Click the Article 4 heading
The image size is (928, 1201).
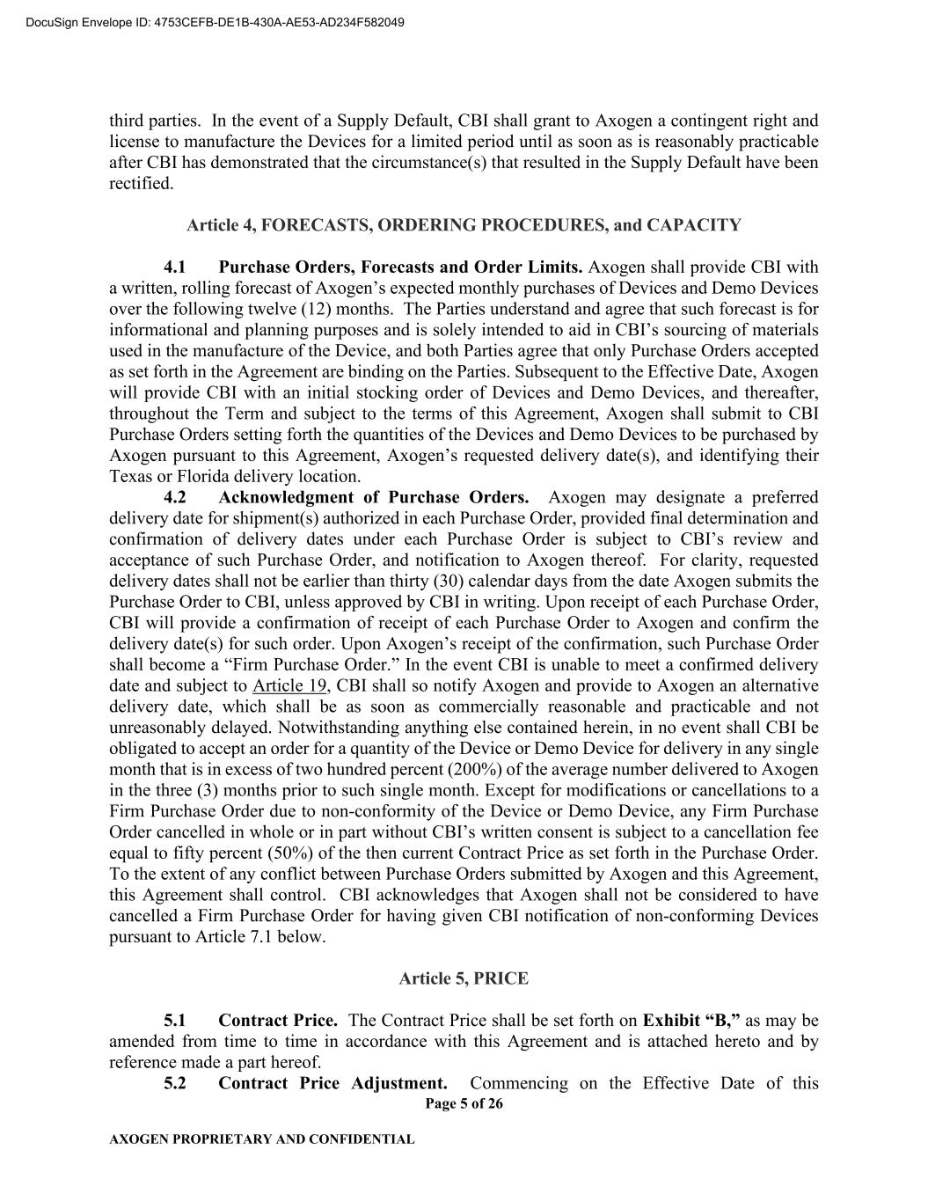[464, 225]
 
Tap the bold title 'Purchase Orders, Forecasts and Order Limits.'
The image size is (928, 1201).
[400, 267]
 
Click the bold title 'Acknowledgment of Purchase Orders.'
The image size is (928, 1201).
[374, 498]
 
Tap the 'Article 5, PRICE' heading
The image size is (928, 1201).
[464, 978]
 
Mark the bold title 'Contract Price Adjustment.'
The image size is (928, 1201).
[332, 1083]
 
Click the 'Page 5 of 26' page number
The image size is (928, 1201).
[464, 1103]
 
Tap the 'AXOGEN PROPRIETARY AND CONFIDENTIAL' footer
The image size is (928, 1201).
[261, 1139]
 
